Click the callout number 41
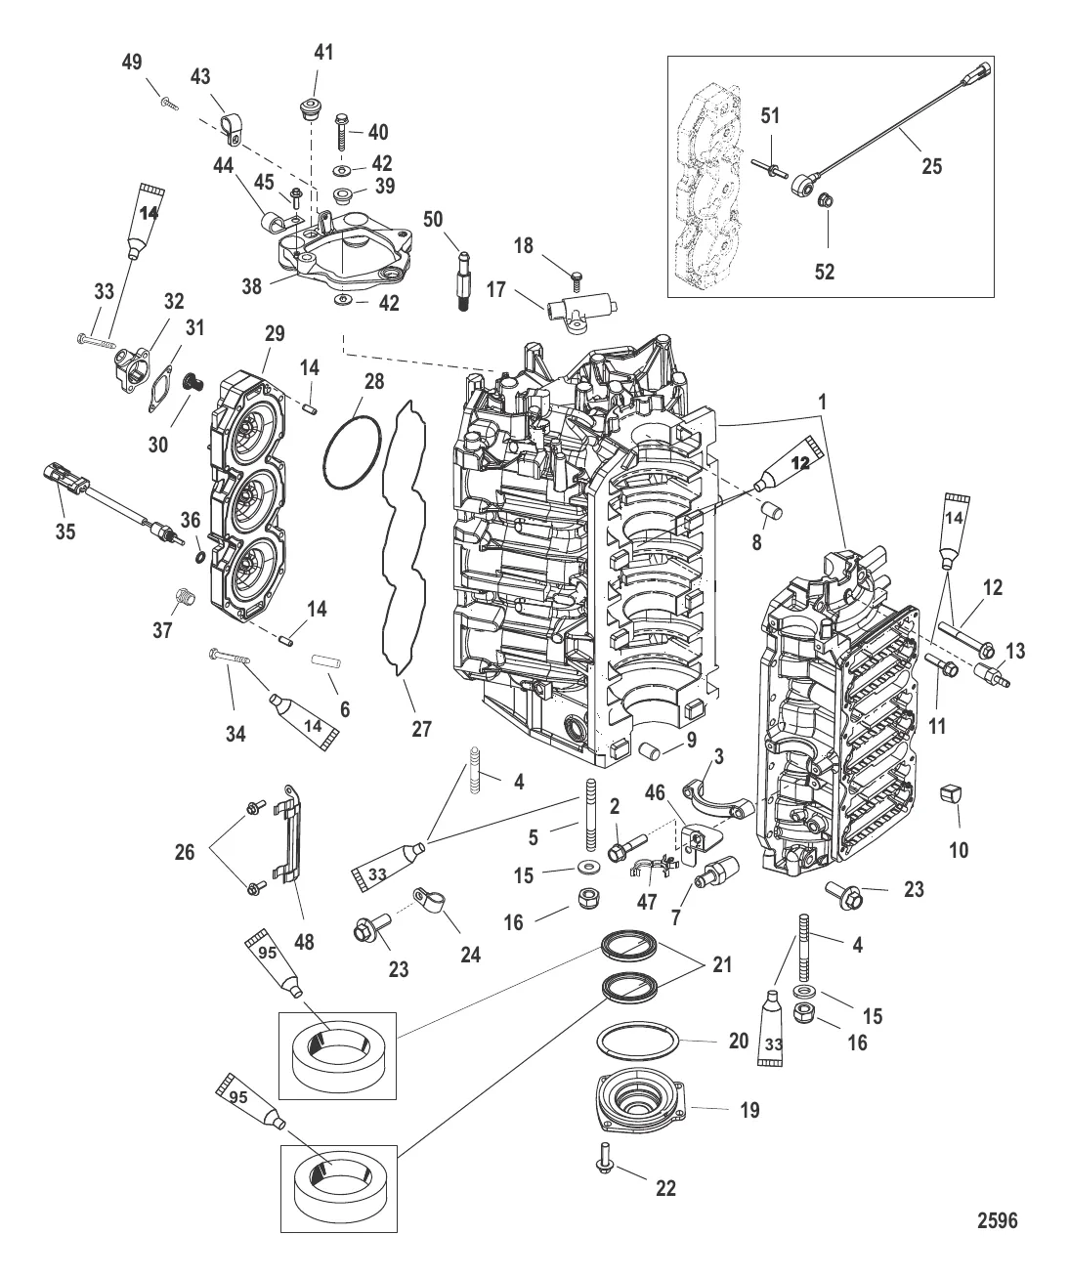pyautogui.click(x=322, y=53)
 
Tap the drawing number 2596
pyautogui.click(x=997, y=1219)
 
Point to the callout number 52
pyautogui.click(x=825, y=272)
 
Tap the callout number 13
pyautogui.click(x=1015, y=651)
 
